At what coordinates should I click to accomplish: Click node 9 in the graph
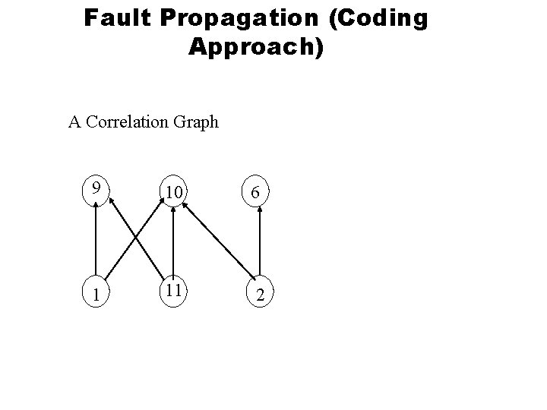96,186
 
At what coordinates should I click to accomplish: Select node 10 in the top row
174,194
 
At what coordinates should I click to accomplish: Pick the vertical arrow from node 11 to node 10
174,243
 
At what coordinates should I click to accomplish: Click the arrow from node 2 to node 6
261,243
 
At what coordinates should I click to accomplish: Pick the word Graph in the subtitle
198,121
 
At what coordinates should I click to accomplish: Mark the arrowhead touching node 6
261,216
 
